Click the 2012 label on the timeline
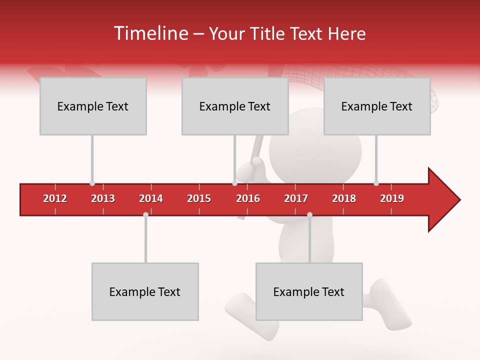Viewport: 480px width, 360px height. [x=55, y=198]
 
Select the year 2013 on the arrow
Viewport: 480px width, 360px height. [x=103, y=198]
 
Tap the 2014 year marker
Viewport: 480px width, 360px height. [x=151, y=198]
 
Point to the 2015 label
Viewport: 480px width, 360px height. [x=199, y=198]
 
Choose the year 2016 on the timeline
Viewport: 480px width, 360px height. [x=248, y=198]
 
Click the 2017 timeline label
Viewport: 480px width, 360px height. [x=296, y=198]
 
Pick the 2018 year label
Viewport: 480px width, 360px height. [x=344, y=198]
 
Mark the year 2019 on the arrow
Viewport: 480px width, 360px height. [x=392, y=198]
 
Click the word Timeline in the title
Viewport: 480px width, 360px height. [x=150, y=33]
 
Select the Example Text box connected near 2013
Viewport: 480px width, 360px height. [x=93, y=106]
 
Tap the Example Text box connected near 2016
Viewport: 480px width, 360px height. [x=235, y=106]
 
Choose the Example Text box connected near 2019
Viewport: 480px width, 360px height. [x=377, y=106]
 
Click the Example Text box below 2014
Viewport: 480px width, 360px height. [x=145, y=291]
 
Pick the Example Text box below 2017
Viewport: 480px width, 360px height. [x=309, y=291]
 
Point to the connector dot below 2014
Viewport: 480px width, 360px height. [x=145, y=214]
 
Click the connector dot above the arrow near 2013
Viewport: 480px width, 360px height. [x=92, y=183]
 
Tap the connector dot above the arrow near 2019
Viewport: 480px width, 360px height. [x=376, y=183]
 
